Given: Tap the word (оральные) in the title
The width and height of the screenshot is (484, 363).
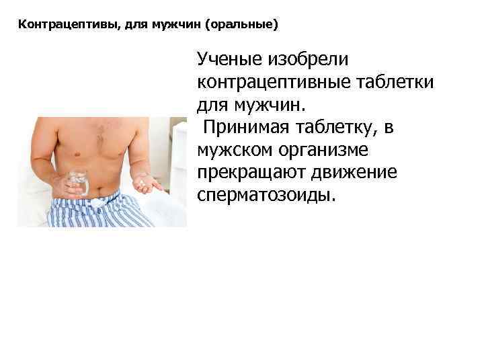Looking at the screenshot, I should point(242,25).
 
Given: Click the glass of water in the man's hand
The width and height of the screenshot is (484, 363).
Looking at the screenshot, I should point(78,184).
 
